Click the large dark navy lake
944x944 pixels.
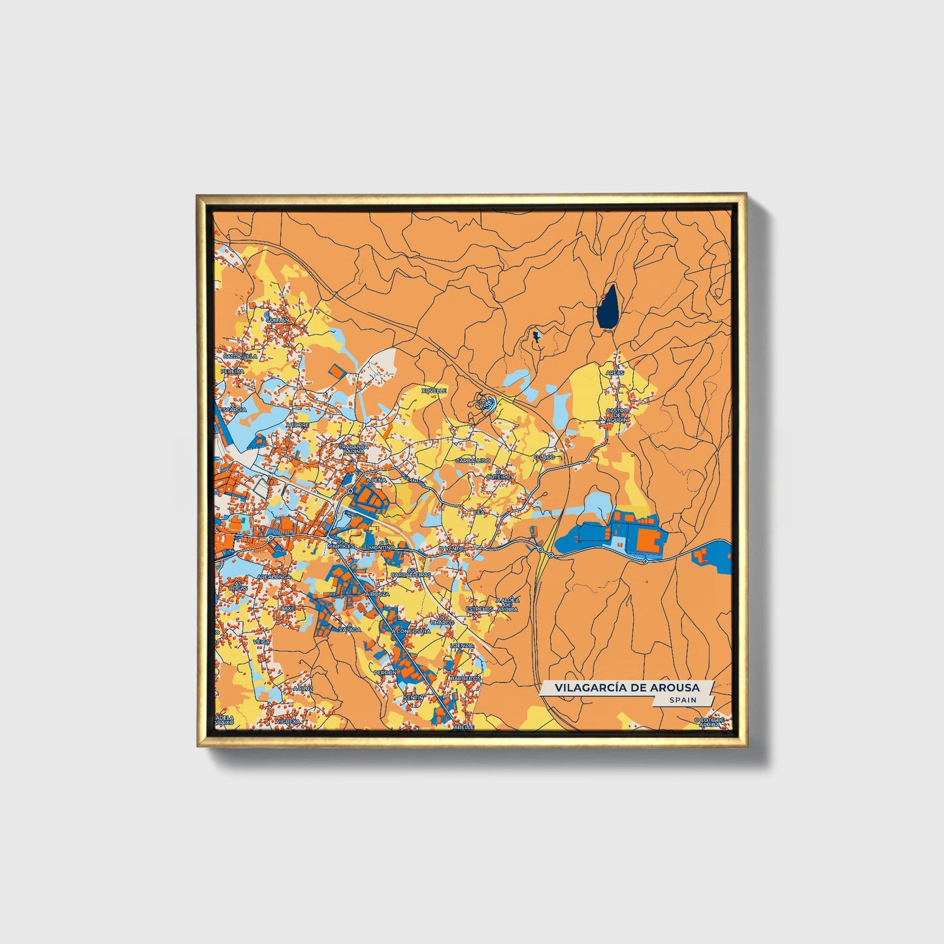coord(608,307)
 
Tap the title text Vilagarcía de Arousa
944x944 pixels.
coord(627,688)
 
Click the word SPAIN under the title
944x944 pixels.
coord(683,700)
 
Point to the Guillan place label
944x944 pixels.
coord(277,320)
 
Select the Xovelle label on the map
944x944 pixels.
coord(434,391)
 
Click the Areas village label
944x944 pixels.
coord(615,372)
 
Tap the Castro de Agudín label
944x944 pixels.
coord(617,415)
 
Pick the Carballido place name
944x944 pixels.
coord(473,461)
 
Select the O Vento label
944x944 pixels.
coord(451,549)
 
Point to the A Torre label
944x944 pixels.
coord(297,425)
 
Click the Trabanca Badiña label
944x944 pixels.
coord(354,449)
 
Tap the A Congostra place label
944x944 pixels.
coord(412,632)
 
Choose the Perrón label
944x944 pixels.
coord(385,672)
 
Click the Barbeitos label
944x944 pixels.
coord(466,679)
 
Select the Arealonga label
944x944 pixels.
coord(273,577)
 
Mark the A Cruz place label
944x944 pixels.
coord(303,689)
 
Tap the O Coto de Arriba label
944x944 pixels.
coord(709,722)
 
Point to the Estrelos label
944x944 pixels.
coord(480,609)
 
